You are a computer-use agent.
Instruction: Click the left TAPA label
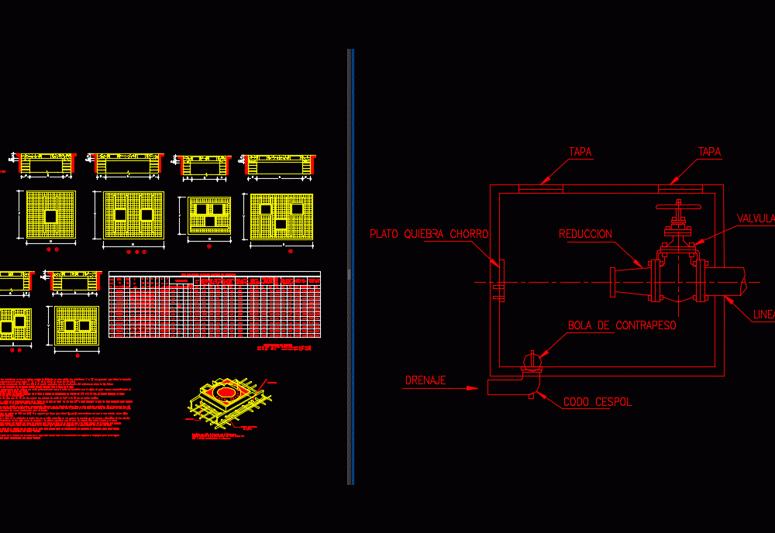pos(580,153)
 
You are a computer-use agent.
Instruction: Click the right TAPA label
pos(709,153)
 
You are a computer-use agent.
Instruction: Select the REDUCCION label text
pos(585,234)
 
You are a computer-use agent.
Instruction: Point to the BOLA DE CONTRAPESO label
pos(622,326)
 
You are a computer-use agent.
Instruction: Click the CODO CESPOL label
pos(597,402)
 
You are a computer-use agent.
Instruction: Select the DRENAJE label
pos(425,380)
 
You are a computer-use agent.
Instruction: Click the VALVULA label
pos(755,218)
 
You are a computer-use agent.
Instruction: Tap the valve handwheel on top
pos(678,208)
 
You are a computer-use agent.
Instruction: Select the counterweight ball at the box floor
pos(531,360)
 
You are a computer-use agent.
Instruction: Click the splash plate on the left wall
pos(500,280)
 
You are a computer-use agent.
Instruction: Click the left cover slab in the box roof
pos(540,187)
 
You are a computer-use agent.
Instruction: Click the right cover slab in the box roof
pos(680,187)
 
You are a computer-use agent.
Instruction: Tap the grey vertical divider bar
pos(350,266)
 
